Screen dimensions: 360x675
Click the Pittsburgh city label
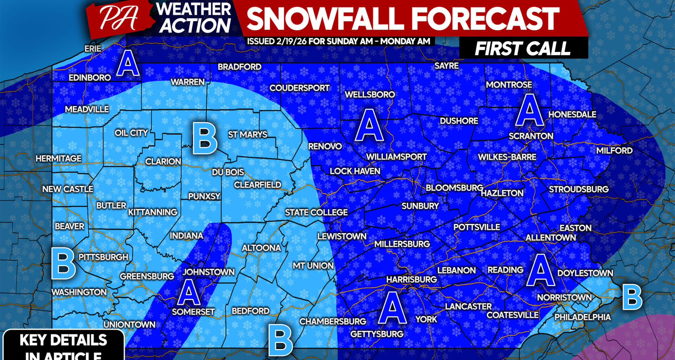click(x=103, y=257)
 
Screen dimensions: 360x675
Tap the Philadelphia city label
click(x=583, y=317)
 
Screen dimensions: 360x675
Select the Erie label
click(x=93, y=49)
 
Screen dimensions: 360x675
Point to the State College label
click(x=316, y=212)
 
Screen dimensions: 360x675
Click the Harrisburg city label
click(x=411, y=279)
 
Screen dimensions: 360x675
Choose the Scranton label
click(x=531, y=136)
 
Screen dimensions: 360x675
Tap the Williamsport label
click(x=396, y=157)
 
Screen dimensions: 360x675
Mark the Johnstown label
click(x=208, y=272)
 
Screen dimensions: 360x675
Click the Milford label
click(x=614, y=150)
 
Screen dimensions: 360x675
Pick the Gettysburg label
click(x=377, y=334)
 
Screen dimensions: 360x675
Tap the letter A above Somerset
click(x=189, y=292)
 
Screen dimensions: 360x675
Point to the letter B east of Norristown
click(x=632, y=297)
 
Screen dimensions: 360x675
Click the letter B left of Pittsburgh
click(x=63, y=263)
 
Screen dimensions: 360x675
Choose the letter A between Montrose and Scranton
click(x=529, y=110)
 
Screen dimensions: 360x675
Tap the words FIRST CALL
click(x=522, y=49)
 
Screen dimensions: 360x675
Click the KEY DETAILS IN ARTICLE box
click(x=63, y=346)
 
